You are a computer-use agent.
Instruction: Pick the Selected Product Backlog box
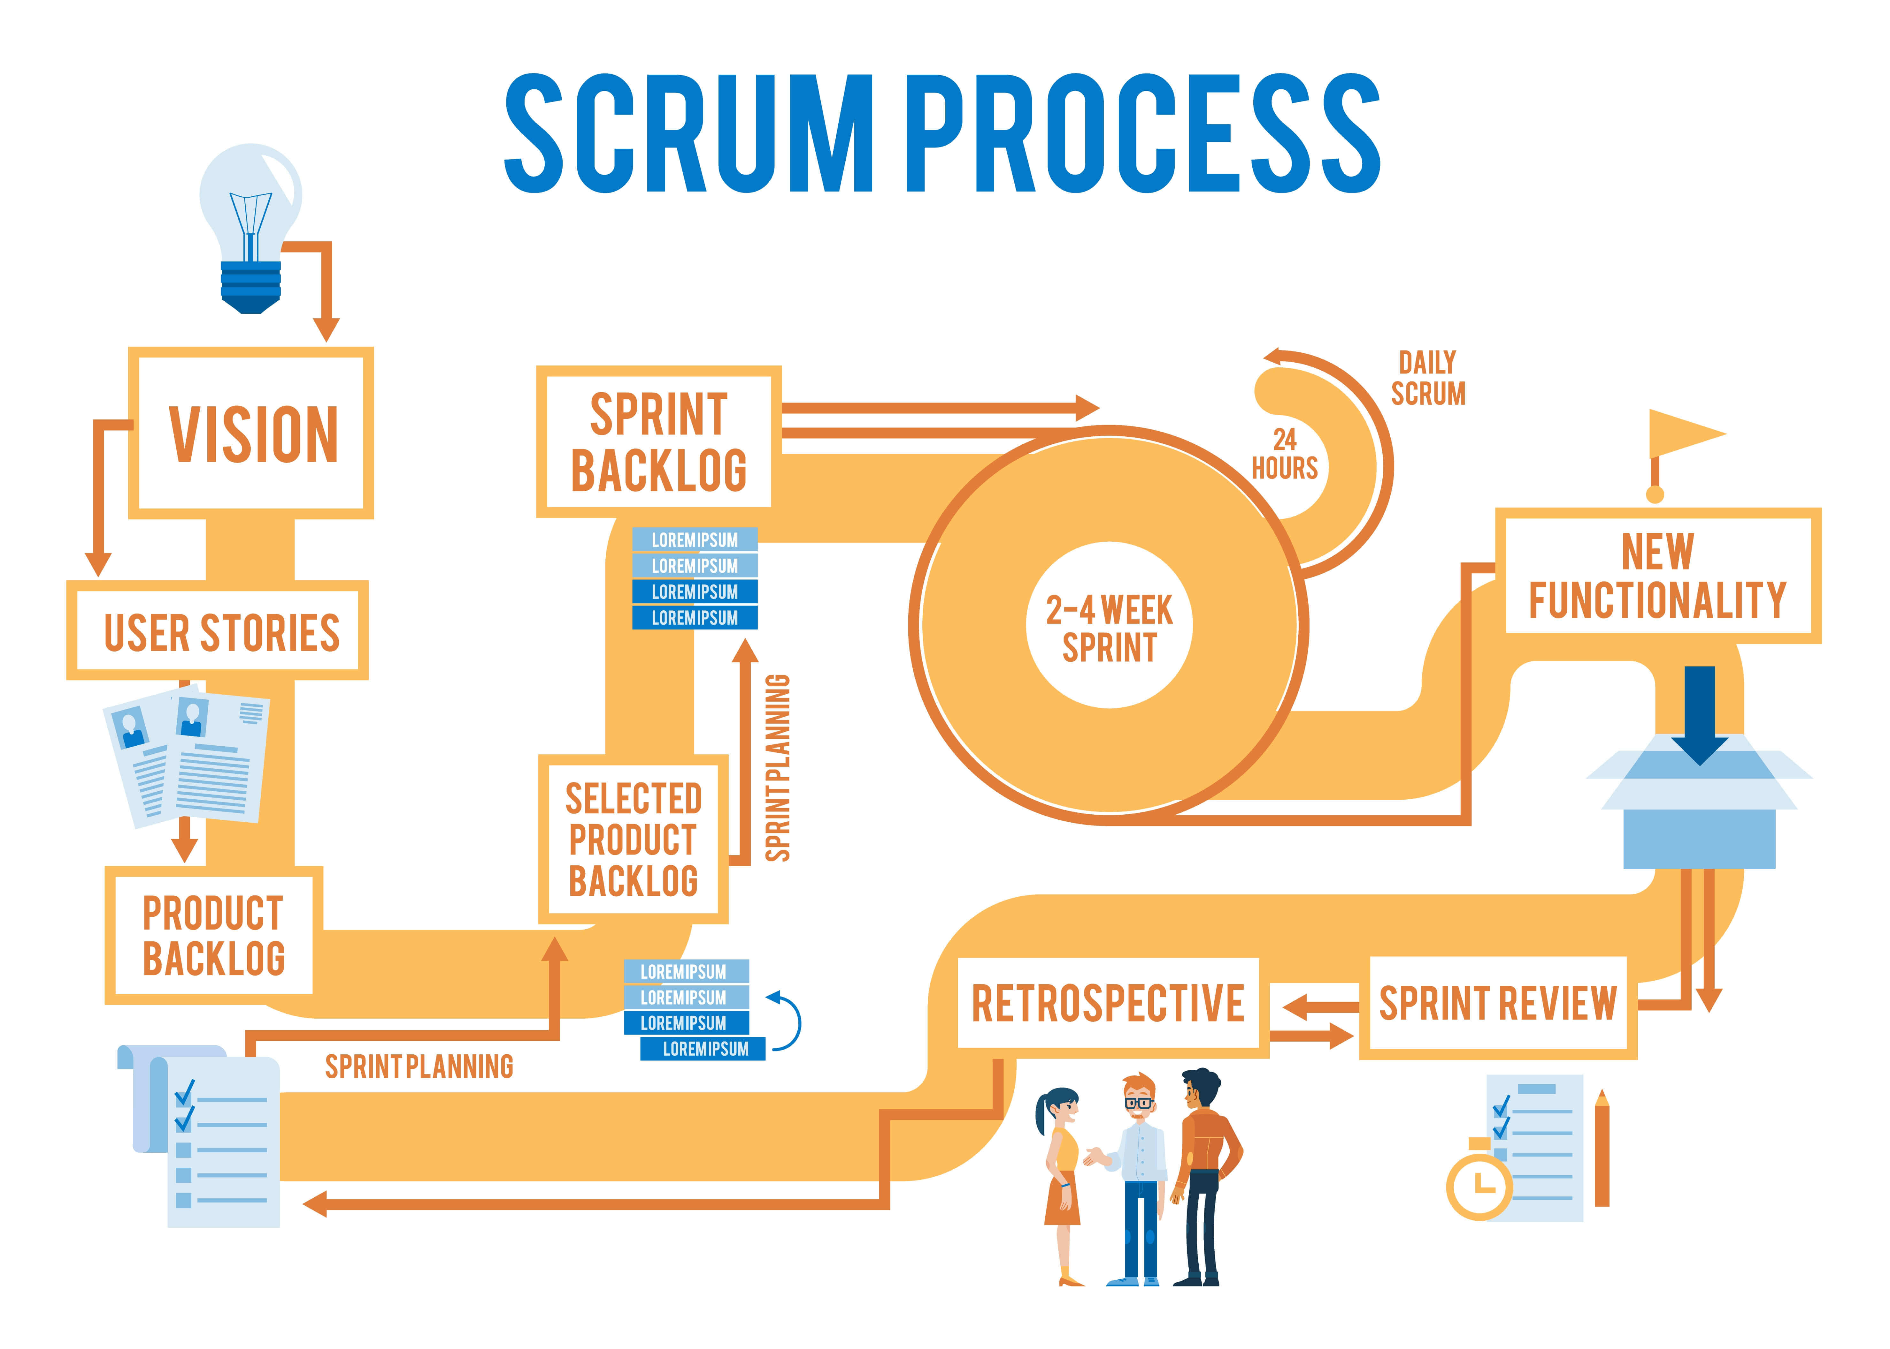(633, 839)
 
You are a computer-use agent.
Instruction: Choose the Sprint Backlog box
(658, 442)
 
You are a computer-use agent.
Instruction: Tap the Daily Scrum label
(1428, 379)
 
